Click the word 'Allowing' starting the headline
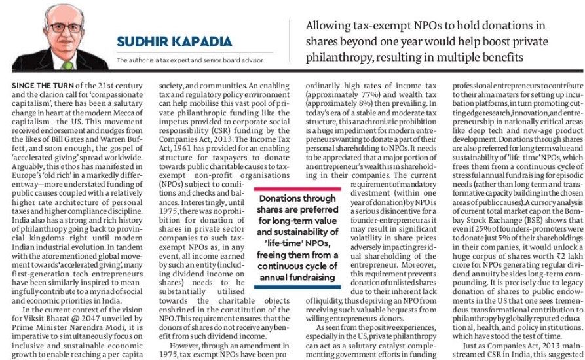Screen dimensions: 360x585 point(330,26)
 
